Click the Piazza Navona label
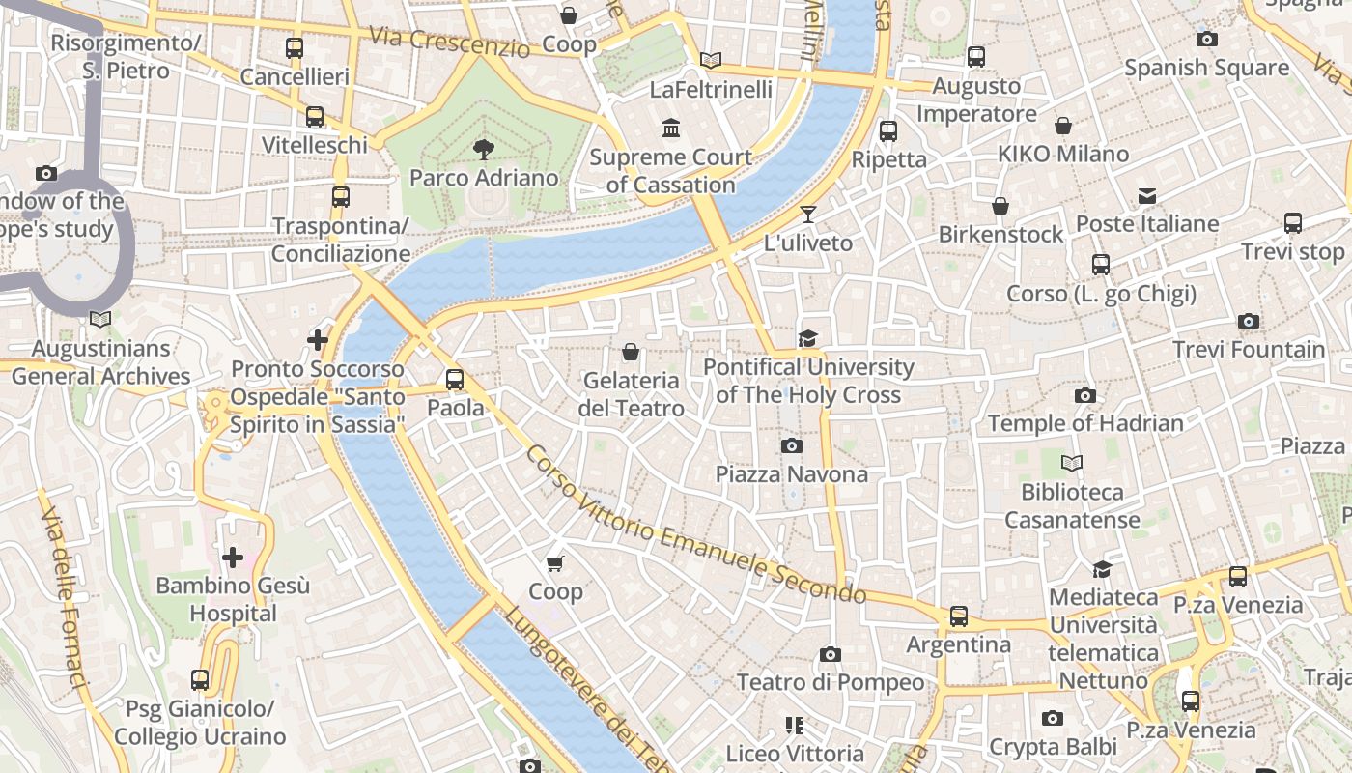(791, 474)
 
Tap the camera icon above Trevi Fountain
(1248, 322)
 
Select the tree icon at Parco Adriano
(484, 150)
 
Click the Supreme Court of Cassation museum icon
(670, 129)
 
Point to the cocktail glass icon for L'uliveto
(807, 215)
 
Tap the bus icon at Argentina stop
(958, 616)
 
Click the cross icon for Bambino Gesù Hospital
(233, 558)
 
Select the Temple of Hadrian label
(1084, 423)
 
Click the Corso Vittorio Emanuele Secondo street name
(690, 522)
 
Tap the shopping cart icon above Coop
(554, 564)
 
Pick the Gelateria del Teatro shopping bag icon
(631, 352)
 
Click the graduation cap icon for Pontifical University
(807, 338)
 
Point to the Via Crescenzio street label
(450, 42)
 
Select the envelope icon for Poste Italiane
(1146, 196)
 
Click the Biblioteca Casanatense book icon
(1071, 464)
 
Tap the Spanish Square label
(1206, 68)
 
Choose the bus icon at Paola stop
(455, 380)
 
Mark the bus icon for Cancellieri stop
(295, 48)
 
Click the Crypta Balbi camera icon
(1052, 719)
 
